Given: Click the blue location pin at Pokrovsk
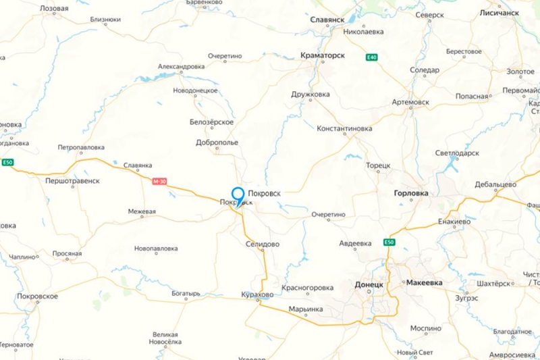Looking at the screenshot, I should click(238, 194).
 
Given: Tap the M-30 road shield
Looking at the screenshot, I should click(159, 180).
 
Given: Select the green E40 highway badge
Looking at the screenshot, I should click(372, 57).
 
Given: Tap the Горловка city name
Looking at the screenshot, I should click(410, 192).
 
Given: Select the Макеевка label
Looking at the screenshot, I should click(425, 284).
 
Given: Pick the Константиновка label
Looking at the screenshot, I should click(344, 128).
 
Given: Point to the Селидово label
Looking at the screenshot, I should click(263, 244).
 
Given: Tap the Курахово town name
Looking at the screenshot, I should click(256, 295).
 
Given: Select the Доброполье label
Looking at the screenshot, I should click(217, 143).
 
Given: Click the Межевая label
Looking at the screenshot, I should click(142, 211).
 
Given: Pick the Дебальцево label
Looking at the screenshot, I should click(495, 184).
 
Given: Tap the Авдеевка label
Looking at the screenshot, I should click(355, 244).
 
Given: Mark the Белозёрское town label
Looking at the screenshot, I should click(213, 122).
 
